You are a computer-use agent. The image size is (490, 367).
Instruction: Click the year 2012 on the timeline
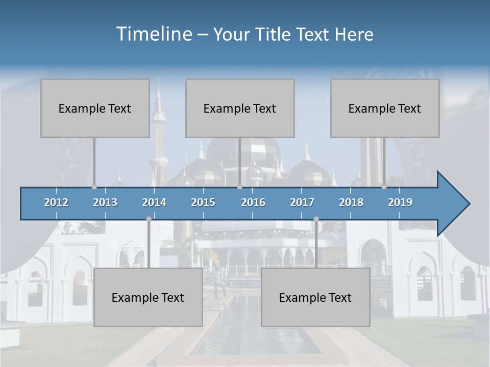[56, 202]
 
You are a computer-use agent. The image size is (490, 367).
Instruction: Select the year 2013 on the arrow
[105, 202]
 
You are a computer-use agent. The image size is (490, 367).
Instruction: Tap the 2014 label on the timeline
[154, 202]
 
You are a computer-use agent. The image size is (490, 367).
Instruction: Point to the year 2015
[203, 202]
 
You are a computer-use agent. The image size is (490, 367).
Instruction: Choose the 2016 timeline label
[253, 202]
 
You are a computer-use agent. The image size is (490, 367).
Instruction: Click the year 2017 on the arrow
[302, 202]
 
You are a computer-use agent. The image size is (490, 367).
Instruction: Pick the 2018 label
[351, 202]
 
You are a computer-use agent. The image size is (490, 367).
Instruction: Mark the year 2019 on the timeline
[400, 202]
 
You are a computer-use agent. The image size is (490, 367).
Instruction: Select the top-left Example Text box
[95, 108]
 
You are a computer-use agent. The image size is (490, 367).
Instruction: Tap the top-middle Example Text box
[240, 108]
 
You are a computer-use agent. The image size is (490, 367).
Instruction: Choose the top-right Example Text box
[385, 108]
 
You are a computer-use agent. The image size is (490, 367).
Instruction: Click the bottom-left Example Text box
[148, 298]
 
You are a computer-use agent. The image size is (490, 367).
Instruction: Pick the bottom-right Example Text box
[315, 298]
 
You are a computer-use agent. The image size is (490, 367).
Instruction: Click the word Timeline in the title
[154, 34]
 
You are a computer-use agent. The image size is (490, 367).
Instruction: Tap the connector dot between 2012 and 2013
[94, 187]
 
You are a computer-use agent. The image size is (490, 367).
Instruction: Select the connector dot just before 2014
[149, 219]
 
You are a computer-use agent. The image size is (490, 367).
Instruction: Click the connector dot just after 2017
[316, 219]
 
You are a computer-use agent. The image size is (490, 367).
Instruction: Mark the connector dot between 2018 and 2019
[384, 187]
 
